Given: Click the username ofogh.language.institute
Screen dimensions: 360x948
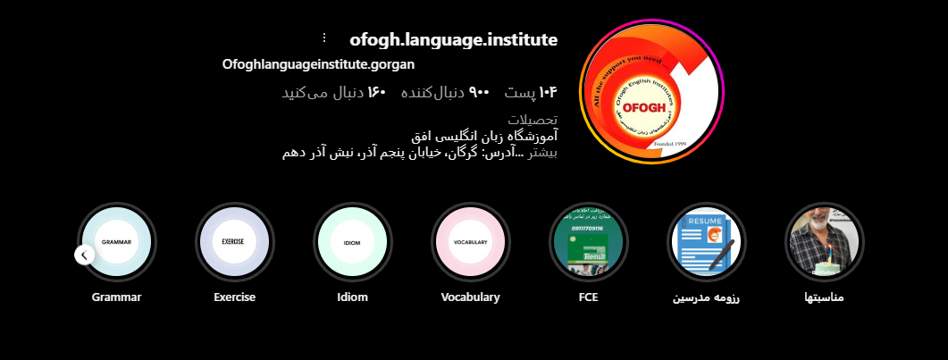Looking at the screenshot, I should [453, 39].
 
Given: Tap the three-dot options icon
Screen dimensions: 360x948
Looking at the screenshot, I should [324, 38].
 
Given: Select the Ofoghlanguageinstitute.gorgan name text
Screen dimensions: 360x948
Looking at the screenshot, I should [318, 64].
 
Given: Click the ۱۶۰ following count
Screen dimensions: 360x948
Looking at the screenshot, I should [333, 92].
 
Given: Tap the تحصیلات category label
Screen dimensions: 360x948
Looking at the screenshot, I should [533, 120].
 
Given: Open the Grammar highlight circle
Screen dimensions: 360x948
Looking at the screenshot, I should [117, 242].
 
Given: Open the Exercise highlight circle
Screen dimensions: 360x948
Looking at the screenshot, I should [235, 242].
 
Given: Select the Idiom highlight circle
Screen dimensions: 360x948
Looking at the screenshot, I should [352, 242].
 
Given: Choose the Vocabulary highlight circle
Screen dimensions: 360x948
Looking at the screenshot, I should [470, 242].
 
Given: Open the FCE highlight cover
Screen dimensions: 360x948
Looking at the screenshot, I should [588, 242].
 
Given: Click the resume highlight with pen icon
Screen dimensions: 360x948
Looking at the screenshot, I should [707, 242].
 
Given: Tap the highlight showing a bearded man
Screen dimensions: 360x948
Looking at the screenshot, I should [824, 242].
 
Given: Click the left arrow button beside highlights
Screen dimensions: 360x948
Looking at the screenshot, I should [84, 255].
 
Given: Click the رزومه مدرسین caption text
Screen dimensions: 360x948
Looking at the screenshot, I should [706, 297].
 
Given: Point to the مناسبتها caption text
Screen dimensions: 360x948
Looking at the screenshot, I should [824, 297].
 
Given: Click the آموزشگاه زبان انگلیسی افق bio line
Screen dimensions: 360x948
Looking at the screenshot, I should [483, 137].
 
